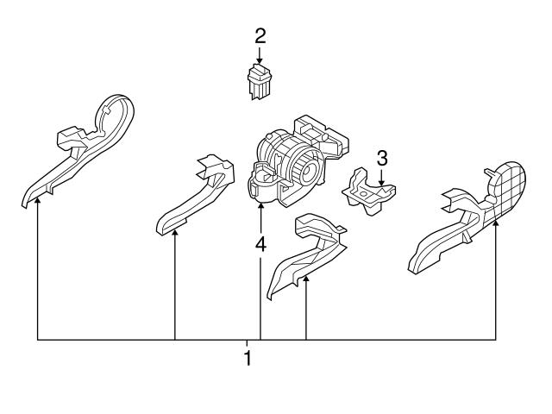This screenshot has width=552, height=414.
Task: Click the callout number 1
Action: tap(248, 358)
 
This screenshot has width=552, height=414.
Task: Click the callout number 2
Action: tap(260, 36)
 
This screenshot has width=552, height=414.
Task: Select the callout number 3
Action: tap(382, 158)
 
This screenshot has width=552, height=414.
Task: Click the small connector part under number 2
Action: tap(259, 80)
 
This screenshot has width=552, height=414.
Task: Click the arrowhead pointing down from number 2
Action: tap(260, 60)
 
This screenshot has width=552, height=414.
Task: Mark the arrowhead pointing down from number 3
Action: tap(382, 177)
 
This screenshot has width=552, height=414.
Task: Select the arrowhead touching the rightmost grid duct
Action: tap(498, 223)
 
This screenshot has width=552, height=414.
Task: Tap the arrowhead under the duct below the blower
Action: tap(306, 281)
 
